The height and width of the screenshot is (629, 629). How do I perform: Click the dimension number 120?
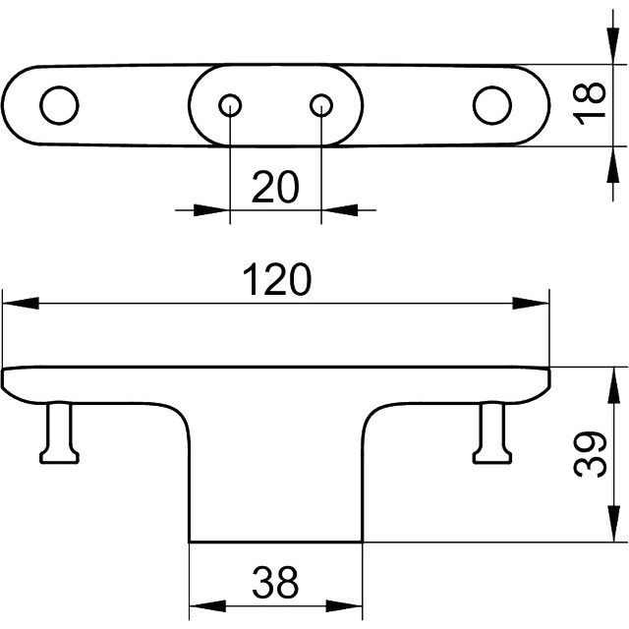(276, 280)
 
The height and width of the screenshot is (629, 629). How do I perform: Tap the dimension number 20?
(274, 186)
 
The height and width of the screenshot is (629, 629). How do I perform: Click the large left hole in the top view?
(58, 104)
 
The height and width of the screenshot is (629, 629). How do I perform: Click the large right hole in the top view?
(491, 105)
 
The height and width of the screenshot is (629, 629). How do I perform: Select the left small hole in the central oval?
(230, 104)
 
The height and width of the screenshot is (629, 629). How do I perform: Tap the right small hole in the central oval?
(322, 104)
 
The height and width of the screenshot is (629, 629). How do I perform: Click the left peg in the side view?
(59, 432)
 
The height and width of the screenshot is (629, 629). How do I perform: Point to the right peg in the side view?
(491, 432)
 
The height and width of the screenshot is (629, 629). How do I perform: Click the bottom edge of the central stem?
(275, 542)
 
